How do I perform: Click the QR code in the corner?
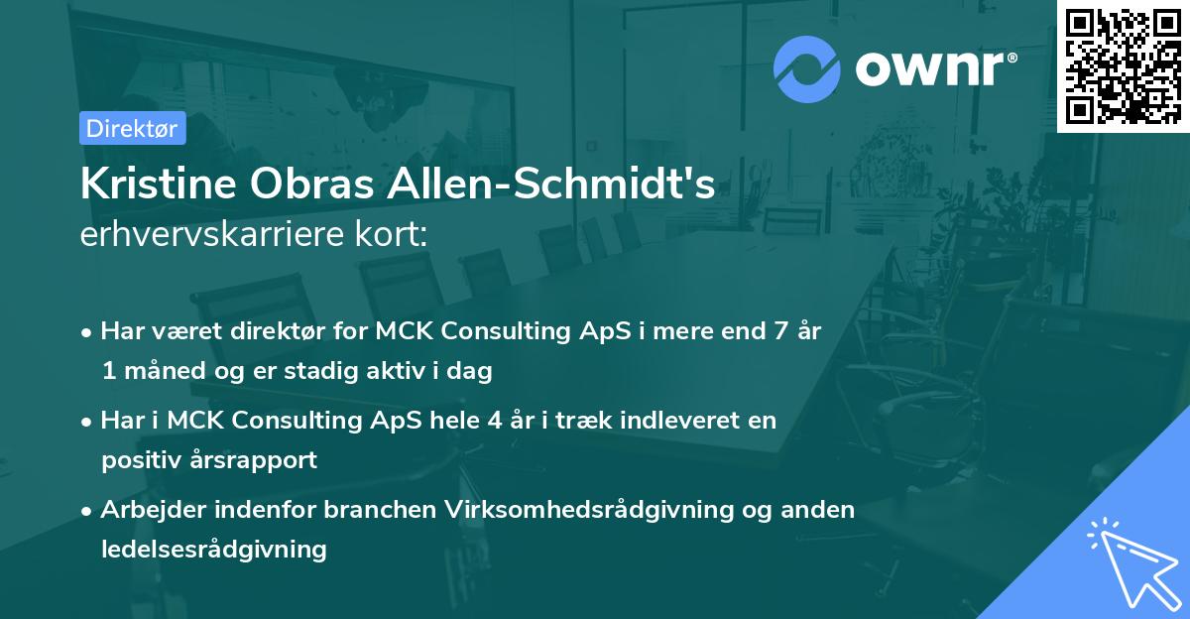1124,65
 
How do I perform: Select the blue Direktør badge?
132,128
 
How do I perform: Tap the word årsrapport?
255,460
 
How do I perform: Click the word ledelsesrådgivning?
213,549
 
